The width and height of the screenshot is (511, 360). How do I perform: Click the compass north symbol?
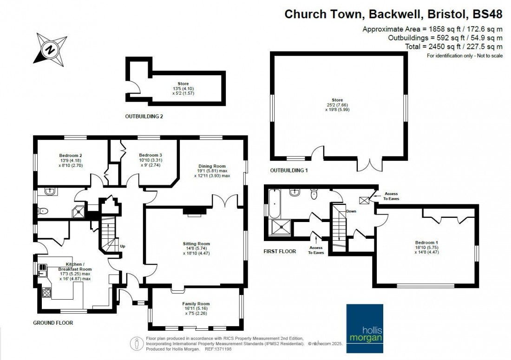pyautogui.click(x=48, y=48)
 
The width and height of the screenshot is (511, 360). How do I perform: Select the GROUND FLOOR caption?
pyautogui.click(x=53, y=322)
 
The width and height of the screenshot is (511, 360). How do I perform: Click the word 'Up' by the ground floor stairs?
pyautogui.click(x=123, y=246)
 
